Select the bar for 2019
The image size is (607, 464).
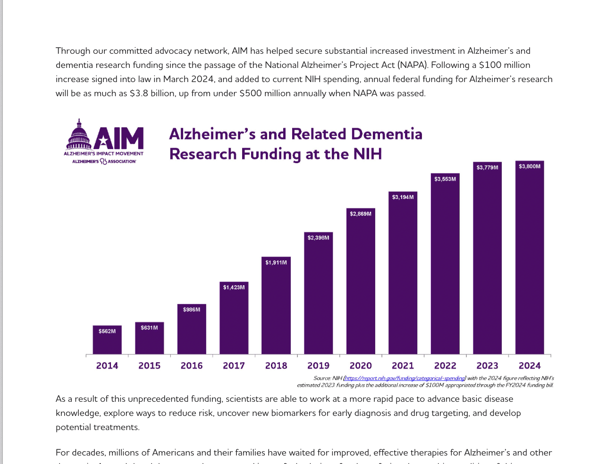tap(318, 297)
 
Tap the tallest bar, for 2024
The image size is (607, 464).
tap(529, 259)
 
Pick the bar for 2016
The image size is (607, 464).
tap(192, 332)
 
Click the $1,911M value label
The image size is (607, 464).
tap(276, 262)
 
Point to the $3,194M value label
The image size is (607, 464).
tap(403, 197)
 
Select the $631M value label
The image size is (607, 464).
tap(149, 328)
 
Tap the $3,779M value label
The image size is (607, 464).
tap(487, 167)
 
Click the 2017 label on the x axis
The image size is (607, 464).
tap(234, 365)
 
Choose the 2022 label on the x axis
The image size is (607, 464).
tap(445, 365)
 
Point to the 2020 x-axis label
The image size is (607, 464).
tap(361, 365)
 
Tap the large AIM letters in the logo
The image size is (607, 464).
tap(119, 138)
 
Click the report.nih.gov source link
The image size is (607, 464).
tap(405, 378)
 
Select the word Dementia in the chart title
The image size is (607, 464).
tap(387, 134)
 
